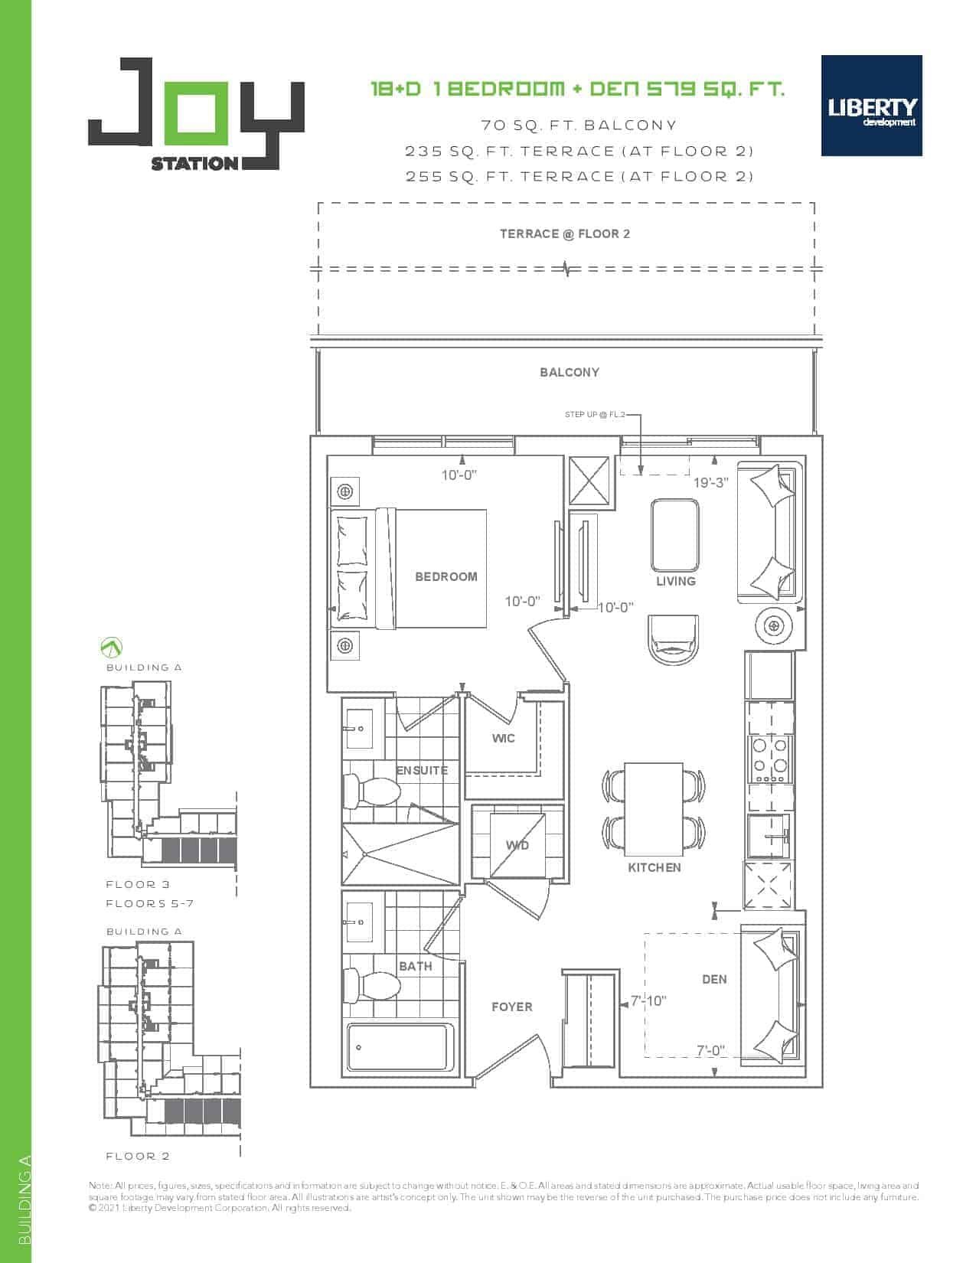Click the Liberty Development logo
coord(871,106)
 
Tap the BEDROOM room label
coord(446,576)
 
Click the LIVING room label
coord(675,581)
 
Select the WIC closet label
coord(503,738)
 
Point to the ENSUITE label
coord(422,770)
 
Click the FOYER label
coord(511,1007)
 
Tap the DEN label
coord(714,979)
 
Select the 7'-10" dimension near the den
coord(648,1001)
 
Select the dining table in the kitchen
coord(654,810)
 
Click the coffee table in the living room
coord(675,535)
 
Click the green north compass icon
coord(111,647)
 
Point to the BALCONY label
coord(570,373)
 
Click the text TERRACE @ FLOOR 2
coord(565,234)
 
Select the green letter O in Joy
coord(194,113)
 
